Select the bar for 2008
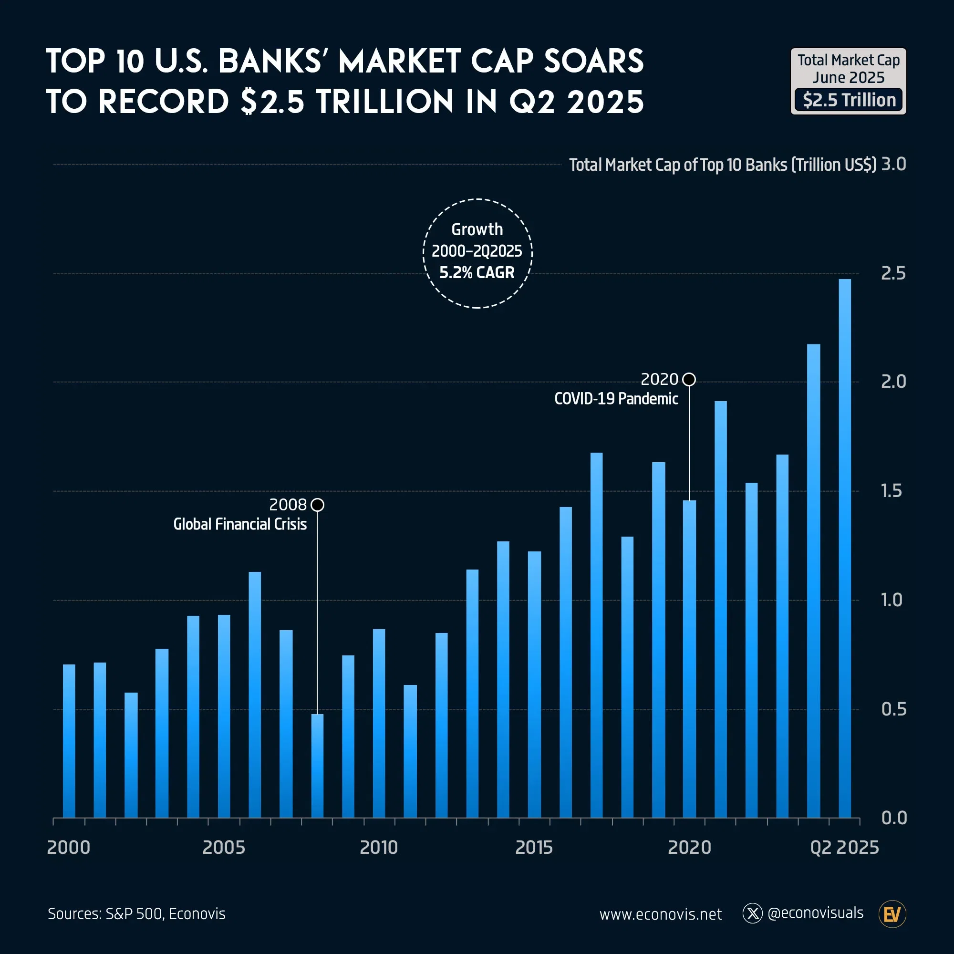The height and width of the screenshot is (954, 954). point(318,766)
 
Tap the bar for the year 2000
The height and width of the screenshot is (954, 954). point(69,741)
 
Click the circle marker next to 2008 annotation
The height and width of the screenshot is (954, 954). point(318,505)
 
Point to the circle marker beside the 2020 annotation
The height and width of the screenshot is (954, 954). point(689,379)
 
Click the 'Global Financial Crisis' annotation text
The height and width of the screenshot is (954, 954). point(240,524)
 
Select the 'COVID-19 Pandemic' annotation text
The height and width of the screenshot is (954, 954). point(616,398)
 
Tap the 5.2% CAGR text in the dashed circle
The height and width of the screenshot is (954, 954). point(477,272)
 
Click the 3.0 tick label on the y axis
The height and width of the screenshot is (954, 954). point(893,164)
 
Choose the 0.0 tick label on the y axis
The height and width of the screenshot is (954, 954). point(894,818)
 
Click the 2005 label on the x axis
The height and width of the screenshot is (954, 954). point(224,847)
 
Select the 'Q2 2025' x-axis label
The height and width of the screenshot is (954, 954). point(844,847)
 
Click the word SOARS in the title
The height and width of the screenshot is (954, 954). point(593,62)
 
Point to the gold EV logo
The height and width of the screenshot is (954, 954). point(892,914)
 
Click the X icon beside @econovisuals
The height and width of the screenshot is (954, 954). point(753,913)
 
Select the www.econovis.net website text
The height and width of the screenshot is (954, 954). point(660,914)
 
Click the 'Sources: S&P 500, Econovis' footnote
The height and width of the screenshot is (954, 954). point(137,914)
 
